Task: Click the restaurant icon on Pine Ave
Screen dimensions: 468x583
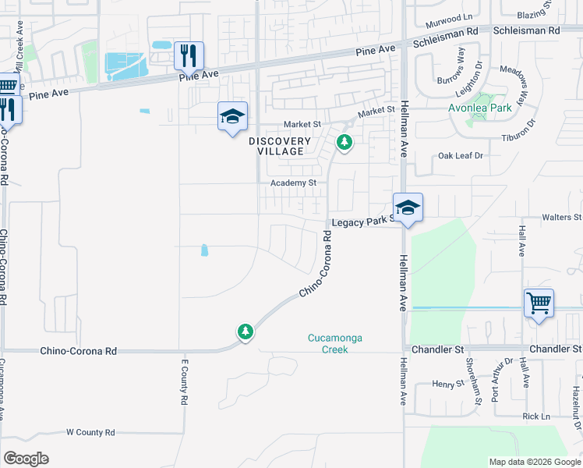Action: pyautogui.click(x=189, y=56)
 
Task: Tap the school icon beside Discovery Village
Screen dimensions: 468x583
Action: pyautogui.click(x=232, y=117)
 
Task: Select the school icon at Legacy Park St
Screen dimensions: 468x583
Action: pyautogui.click(x=408, y=208)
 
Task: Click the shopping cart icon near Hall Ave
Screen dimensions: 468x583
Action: pyautogui.click(x=539, y=302)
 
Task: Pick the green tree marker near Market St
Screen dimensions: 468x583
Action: pyautogui.click(x=344, y=142)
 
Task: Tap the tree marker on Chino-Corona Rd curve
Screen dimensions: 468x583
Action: pyautogui.click(x=246, y=332)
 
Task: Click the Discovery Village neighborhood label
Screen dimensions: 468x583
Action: pyautogui.click(x=280, y=146)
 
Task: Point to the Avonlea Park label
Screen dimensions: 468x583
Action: pyautogui.click(x=480, y=108)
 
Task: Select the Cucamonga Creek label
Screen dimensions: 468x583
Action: pyautogui.click(x=336, y=343)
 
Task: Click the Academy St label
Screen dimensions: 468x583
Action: pyautogui.click(x=292, y=183)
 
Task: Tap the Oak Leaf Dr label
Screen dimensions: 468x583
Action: pyautogui.click(x=461, y=156)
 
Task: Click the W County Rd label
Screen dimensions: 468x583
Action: pyautogui.click(x=90, y=432)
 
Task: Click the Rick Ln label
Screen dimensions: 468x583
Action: pyautogui.click(x=536, y=417)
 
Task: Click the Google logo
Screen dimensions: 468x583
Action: pyautogui.click(x=26, y=459)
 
